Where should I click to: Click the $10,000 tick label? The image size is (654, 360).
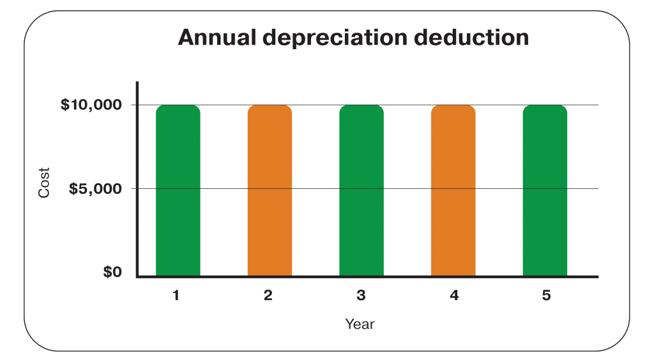pyautogui.click(x=91, y=105)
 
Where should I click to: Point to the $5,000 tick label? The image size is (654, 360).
pyautogui.click(x=95, y=189)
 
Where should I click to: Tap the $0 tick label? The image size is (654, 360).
pyautogui.click(x=112, y=273)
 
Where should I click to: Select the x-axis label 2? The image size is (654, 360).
pyautogui.click(x=268, y=296)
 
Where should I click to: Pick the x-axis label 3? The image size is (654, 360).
pyautogui.click(x=361, y=296)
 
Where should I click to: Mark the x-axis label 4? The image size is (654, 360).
pyautogui.click(x=453, y=296)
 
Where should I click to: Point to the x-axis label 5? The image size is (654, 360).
pyautogui.click(x=545, y=296)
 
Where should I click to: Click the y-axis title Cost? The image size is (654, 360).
pyautogui.click(x=44, y=182)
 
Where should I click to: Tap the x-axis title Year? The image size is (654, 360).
pyautogui.click(x=360, y=324)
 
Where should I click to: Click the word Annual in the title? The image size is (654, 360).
pyautogui.click(x=215, y=38)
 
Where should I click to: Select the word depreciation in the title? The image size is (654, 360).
pyautogui.click(x=335, y=38)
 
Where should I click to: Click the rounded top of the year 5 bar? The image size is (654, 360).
pyautogui.click(x=545, y=109)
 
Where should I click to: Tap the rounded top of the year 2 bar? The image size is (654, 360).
pyautogui.click(x=270, y=109)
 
